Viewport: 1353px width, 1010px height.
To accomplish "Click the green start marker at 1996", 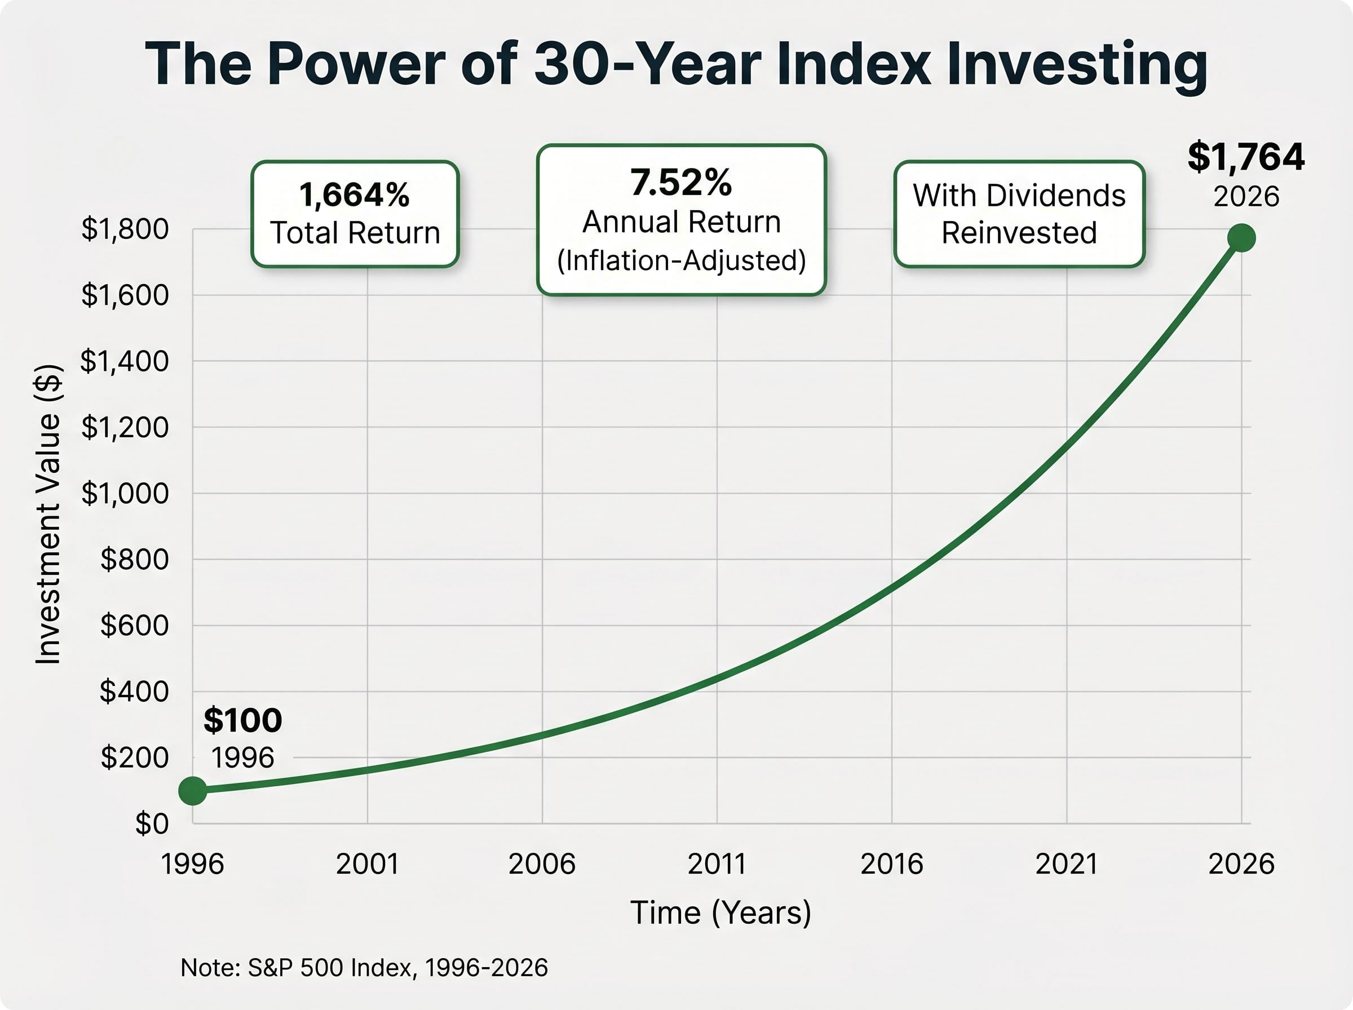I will click(x=193, y=791).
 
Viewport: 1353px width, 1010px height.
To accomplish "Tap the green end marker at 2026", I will click(x=1241, y=238).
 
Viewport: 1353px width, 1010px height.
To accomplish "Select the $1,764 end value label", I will click(x=1246, y=157).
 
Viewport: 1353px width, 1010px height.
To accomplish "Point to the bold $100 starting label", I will click(x=243, y=720).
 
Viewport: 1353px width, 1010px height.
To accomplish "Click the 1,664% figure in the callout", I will click(x=355, y=195).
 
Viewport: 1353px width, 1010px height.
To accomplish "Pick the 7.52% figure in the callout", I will click(x=681, y=183).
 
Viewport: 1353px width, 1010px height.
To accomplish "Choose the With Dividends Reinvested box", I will click(x=1019, y=214).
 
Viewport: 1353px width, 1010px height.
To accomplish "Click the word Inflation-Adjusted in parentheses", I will click(x=682, y=260).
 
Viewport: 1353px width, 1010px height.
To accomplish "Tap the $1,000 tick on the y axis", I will click(x=125, y=493).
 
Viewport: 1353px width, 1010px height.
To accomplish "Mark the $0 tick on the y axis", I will click(x=152, y=824).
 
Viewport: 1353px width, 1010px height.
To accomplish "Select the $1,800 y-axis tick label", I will click(x=125, y=229).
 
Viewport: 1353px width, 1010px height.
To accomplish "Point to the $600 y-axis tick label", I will click(x=135, y=626).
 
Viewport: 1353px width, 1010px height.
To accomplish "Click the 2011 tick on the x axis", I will click(x=717, y=865).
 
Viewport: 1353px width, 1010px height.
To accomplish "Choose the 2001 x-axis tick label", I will click(x=368, y=865).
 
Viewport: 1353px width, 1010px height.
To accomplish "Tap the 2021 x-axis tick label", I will click(x=1067, y=865).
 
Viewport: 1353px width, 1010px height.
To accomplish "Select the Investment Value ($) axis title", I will click(x=48, y=514).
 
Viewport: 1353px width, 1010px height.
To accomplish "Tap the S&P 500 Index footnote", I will click(x=364, y=967).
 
